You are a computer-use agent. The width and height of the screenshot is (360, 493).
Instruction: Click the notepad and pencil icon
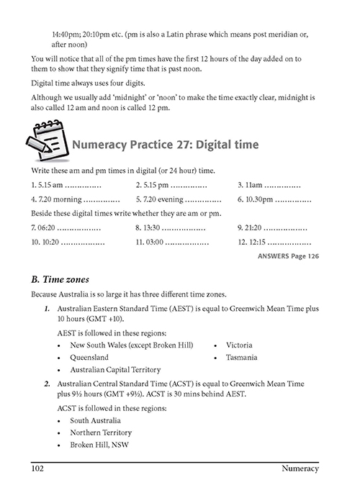click(48, 140)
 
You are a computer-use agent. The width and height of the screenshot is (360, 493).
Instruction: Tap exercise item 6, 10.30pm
click(256, 199)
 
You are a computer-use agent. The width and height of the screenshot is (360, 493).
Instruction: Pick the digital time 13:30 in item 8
click(152, 227)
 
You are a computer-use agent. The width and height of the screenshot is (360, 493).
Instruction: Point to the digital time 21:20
click(253, 227)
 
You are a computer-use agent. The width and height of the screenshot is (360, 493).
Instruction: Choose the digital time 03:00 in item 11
click(155, 242)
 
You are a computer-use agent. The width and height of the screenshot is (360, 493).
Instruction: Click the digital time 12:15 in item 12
click(257, 242)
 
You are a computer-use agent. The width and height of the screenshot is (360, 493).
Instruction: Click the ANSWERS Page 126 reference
click(288, 256)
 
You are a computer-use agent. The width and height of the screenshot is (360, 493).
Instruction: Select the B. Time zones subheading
click(60, 279)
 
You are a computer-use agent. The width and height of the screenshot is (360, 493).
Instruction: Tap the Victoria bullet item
click(239, 345)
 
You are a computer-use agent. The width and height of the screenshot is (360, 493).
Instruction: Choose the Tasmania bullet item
click(241, 358)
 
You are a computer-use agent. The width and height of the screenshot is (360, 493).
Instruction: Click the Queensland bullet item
click(89, 358)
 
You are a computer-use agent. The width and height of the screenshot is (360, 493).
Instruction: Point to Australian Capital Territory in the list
click(115, 370)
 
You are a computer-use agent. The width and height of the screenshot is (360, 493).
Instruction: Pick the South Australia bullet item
click(95, 421)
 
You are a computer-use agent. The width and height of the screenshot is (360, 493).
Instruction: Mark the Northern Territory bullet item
click(101, 433)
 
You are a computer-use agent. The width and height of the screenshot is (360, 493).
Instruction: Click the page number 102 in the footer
click(37, 469)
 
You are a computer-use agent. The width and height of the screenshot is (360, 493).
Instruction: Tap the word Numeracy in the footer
click(300, 469)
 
